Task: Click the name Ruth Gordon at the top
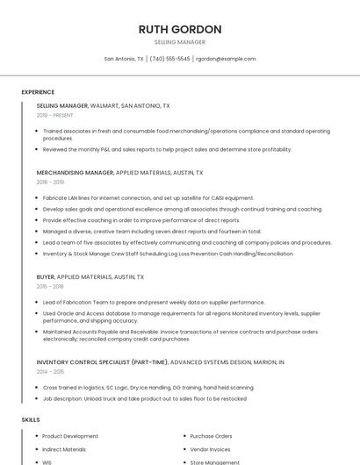tap(180, 29)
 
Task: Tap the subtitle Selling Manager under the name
tap(180, 42)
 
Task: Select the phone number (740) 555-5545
tap(169, 59)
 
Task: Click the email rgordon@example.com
tap(226, 59)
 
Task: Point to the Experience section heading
tap(38, 92)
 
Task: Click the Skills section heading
tap(31, 419)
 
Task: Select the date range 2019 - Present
tap(55, 115)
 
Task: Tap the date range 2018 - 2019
tap(50, 182)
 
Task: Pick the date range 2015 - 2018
tap(50, 286)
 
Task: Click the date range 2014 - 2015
tap(50, 371)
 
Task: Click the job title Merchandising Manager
tap(75, 173)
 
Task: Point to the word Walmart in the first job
tap(104, 105)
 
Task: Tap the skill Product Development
tap(70, 436)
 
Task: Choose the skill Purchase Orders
tap(211, 436)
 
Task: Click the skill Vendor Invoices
tap(211, 449)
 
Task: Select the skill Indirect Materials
tap(64, 449)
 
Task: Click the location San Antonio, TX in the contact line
tap(124, 59)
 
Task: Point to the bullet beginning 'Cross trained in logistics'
tap(148, 387)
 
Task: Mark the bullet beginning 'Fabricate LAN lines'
tap(148, 198)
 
